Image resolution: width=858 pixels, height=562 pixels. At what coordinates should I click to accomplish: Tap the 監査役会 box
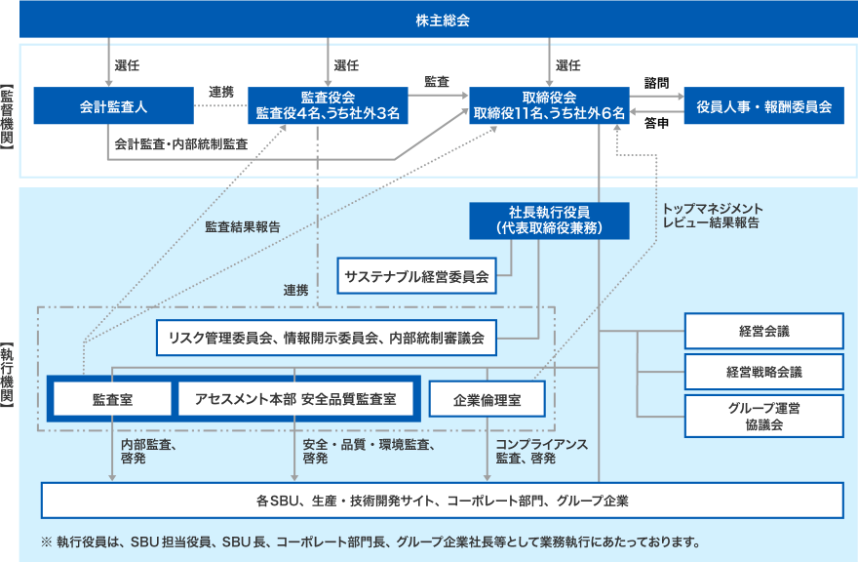click(328, 105)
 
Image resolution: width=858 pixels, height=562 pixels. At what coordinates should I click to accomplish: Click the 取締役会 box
click(549, 105)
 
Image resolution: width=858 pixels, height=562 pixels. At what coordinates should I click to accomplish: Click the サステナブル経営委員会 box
click(416, 276)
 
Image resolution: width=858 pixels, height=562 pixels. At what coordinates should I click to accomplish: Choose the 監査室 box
click(112, 398)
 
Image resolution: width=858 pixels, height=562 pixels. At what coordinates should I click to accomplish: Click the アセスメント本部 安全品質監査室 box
click(295, 398)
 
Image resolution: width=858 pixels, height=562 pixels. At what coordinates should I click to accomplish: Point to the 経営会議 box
click(763, 331)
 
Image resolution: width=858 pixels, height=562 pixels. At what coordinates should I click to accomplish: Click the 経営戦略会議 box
click(763, 371)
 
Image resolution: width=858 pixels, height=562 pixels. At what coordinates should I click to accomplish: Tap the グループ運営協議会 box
click(763, 415)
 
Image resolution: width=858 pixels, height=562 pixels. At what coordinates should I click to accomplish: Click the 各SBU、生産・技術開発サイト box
click(442, 501)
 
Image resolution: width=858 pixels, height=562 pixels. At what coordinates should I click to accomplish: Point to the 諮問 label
click(656, 84)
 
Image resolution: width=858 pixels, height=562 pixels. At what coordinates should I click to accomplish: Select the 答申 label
click(656, 124)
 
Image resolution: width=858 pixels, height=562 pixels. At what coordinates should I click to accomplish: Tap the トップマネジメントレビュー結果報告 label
click(712, 216)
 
